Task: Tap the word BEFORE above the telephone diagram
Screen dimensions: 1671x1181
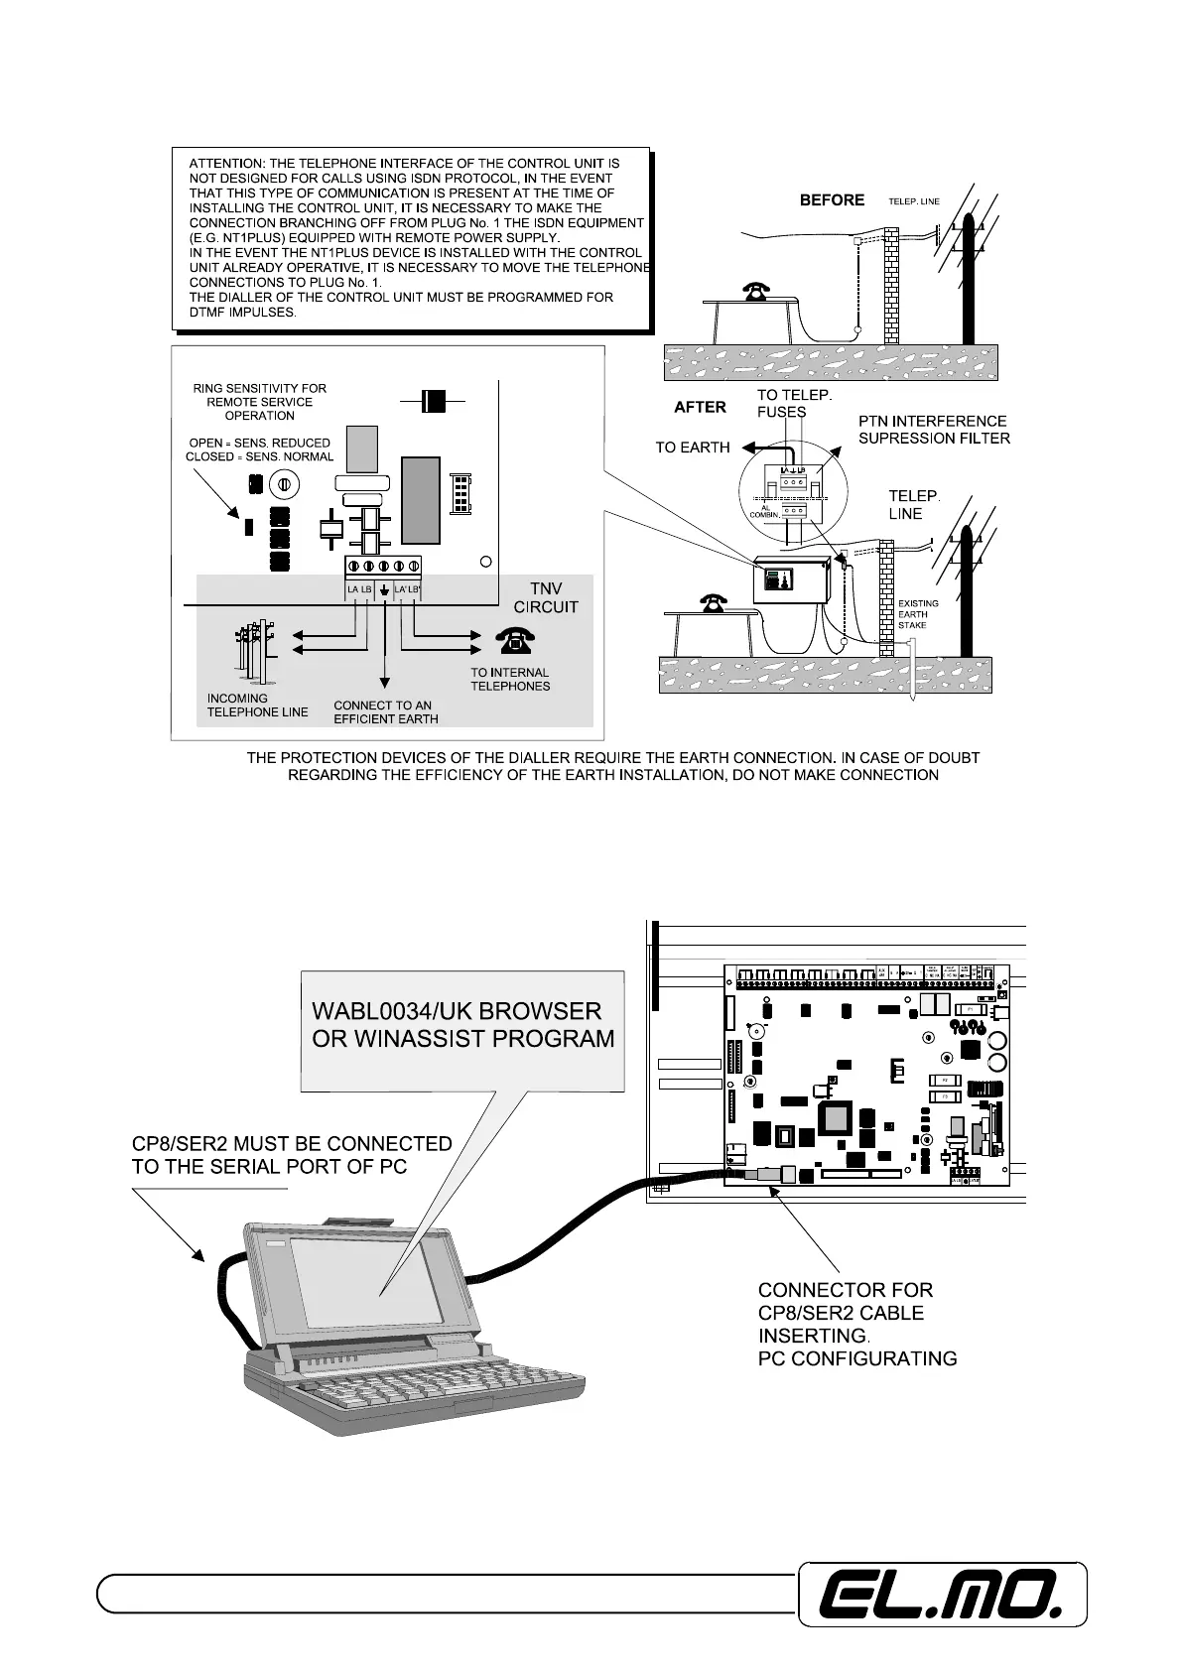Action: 832,200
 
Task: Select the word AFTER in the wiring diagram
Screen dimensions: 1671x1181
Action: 700,407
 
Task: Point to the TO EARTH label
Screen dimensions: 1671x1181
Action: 692,448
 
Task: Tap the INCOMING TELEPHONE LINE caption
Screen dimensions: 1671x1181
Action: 257,705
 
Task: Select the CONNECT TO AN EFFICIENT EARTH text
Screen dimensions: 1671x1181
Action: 385,712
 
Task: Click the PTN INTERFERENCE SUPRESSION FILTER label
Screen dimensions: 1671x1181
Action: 933,430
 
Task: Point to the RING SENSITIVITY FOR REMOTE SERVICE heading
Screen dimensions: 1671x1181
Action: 259,402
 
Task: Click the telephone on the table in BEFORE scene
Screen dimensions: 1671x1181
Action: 757,290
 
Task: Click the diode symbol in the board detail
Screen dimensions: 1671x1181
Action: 432,401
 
